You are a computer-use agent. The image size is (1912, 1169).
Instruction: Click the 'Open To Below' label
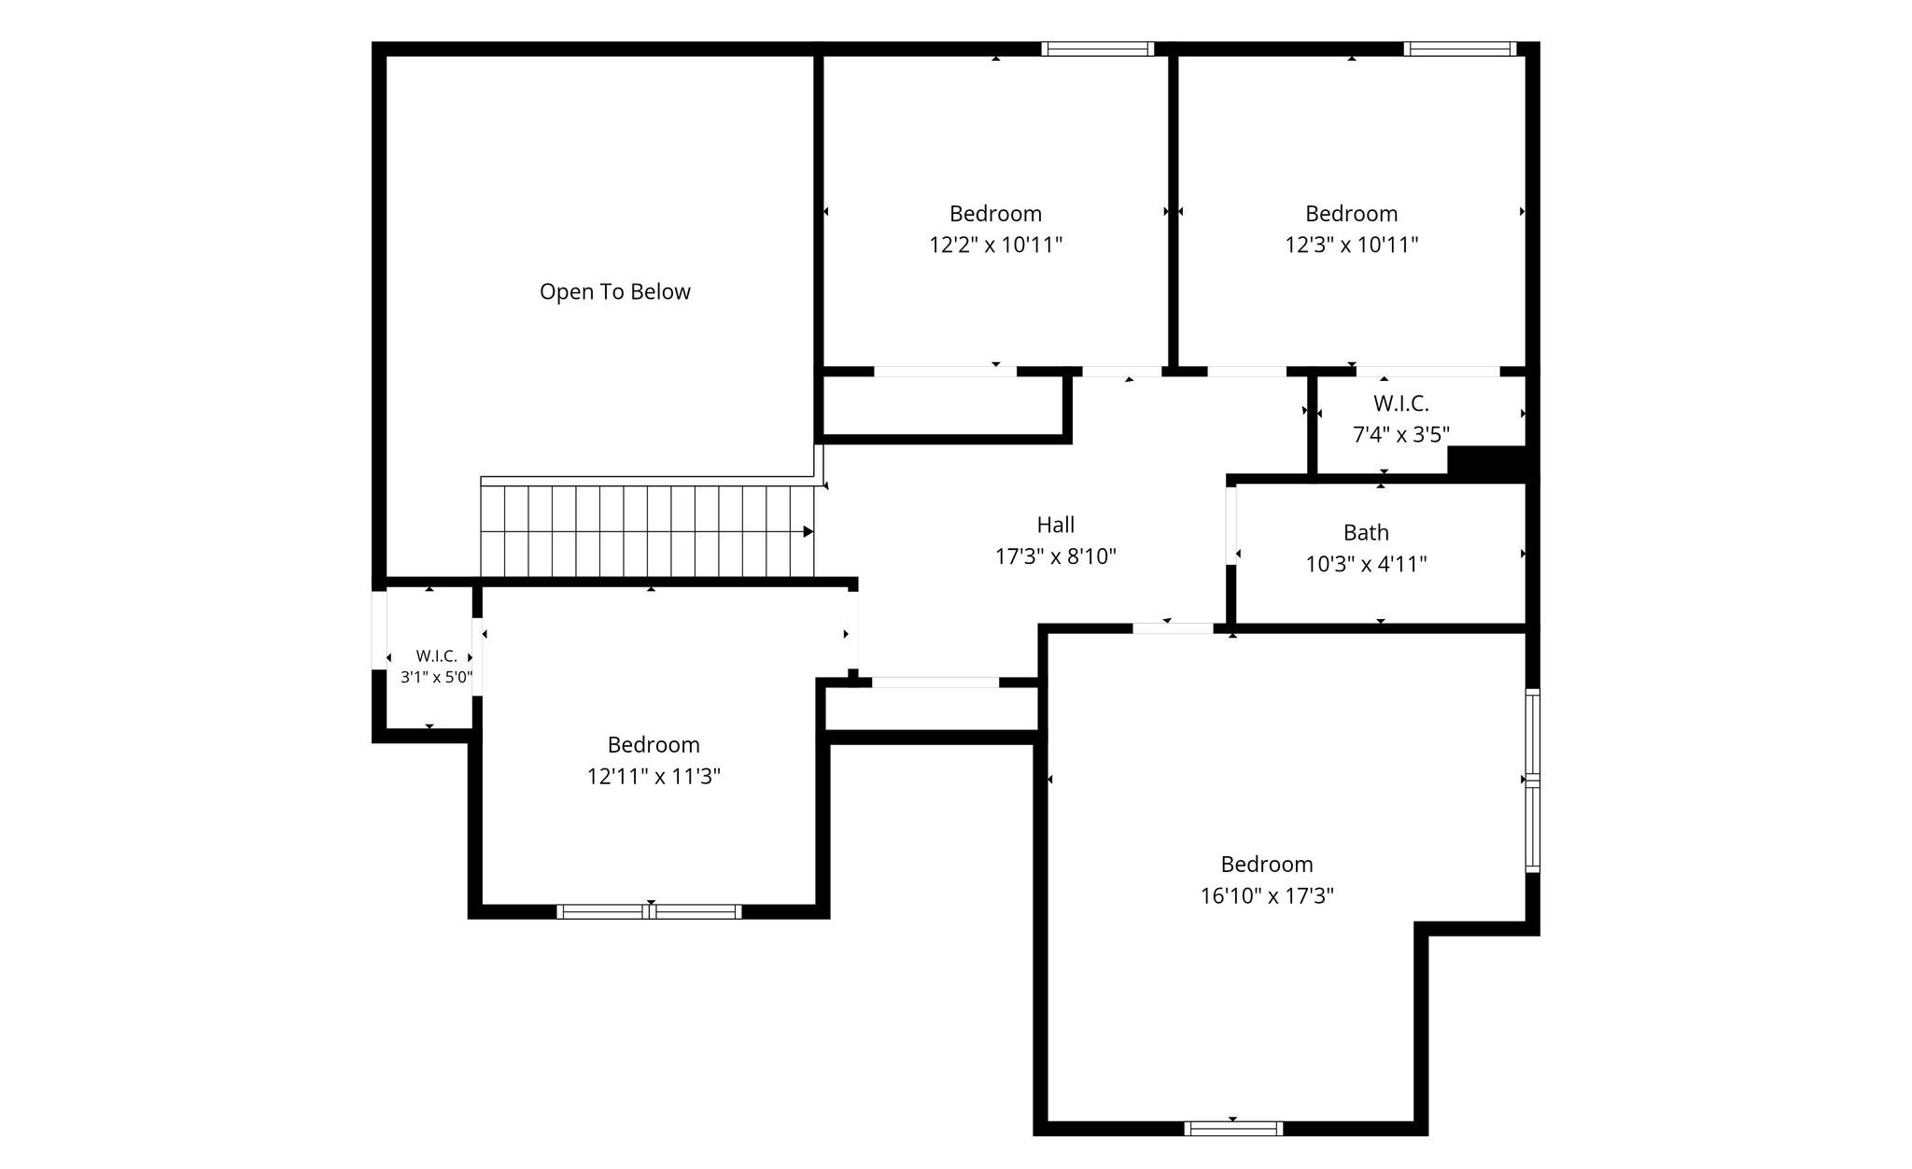point(615,291)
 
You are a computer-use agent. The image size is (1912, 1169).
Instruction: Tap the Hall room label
point(1056,525)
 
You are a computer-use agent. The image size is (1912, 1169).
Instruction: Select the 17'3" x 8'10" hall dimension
point(1056,556)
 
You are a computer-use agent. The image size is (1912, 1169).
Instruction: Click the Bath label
point(1366,532)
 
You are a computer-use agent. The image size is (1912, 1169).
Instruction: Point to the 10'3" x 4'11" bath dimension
point(1366,564)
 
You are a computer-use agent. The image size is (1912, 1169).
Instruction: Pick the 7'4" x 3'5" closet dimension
point(1401,434)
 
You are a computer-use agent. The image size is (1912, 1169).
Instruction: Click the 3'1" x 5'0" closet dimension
point(437,677)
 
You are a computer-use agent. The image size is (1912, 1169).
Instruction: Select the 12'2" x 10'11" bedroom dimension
point(996,245)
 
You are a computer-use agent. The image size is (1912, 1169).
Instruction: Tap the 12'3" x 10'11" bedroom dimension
point(1352,245)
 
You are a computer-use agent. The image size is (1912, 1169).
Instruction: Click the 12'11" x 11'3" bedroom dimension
point(654,776)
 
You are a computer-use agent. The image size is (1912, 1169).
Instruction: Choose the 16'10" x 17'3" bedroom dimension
point(1267,895)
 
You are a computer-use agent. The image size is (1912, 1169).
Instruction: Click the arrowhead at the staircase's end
point(808,532)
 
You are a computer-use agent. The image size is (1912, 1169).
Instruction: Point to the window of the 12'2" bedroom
point(1098,49)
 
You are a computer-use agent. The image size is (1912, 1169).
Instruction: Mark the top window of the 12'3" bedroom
point(1460,49)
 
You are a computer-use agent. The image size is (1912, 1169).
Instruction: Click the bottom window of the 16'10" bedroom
point(1233,1128)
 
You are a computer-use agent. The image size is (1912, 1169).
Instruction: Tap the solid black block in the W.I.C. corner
point(1486,460)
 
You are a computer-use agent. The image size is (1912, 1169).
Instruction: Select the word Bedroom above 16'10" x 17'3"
point(1267,864)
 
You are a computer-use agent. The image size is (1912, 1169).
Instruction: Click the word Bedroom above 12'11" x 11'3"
point(654,744)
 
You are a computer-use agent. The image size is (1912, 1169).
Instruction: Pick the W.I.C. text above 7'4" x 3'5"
point(1401,403)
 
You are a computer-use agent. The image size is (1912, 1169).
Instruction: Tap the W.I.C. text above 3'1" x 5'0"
point(437,655)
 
